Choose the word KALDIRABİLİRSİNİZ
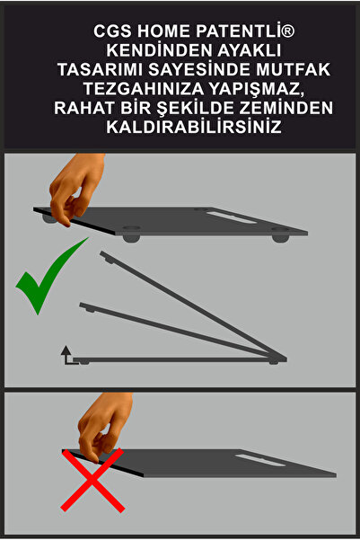coord(180,128)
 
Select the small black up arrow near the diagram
coord(66,352)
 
